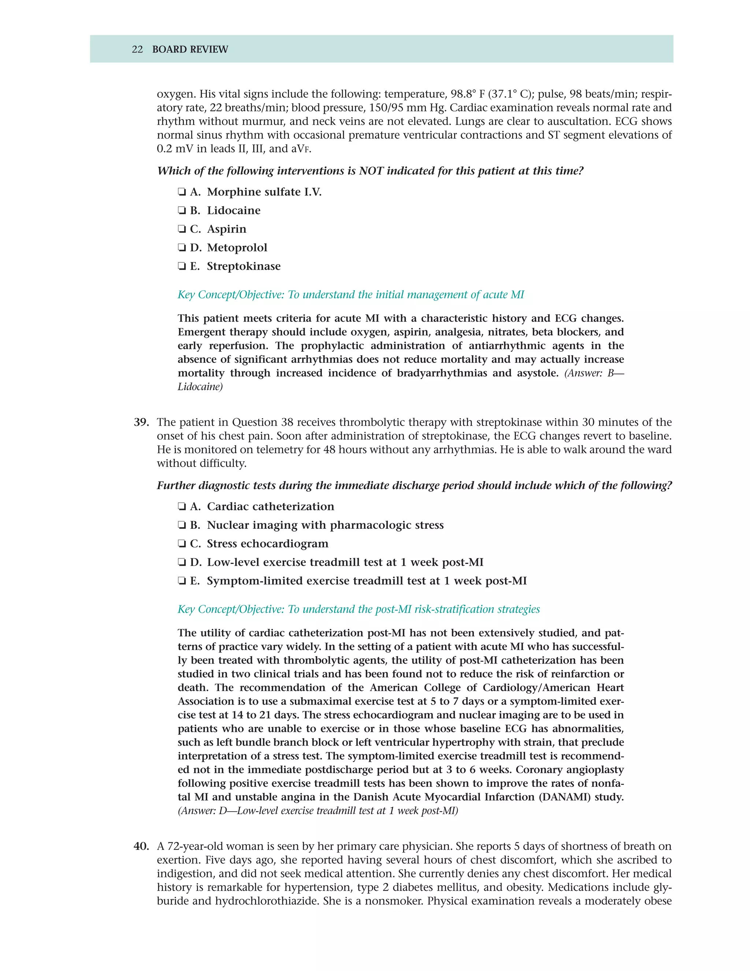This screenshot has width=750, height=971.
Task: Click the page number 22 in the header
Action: click(137, 49)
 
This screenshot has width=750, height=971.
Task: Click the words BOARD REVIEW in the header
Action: click(190, 49)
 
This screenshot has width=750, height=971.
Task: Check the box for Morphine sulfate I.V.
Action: click(182, 192)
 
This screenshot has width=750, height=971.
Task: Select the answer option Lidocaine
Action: click(182, 211)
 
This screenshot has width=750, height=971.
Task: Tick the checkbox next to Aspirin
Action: click(182, 229)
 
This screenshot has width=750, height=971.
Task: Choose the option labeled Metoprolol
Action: click(182, 248)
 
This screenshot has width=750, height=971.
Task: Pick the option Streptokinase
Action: click(182, 267)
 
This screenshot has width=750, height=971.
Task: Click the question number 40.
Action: click(141, 846)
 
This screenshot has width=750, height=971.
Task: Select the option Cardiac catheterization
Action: click(182, 507)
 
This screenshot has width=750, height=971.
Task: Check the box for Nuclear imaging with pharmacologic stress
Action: click(182, 525)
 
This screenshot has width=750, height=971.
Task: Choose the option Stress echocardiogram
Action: click(182, 544)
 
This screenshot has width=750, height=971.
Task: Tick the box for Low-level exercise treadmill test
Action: click(182, 563)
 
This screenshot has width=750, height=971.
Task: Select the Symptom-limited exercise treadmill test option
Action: click(182, 582)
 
